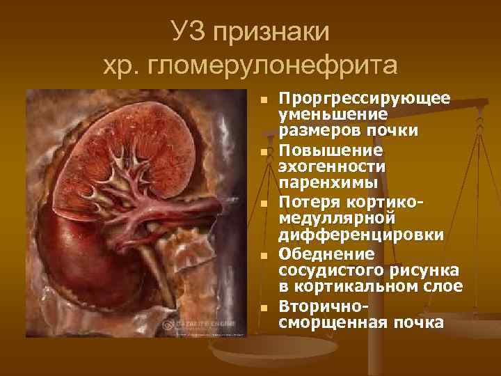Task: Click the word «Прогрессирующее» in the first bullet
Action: (x=364, y=97)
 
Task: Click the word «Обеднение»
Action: (x=317, y=253)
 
